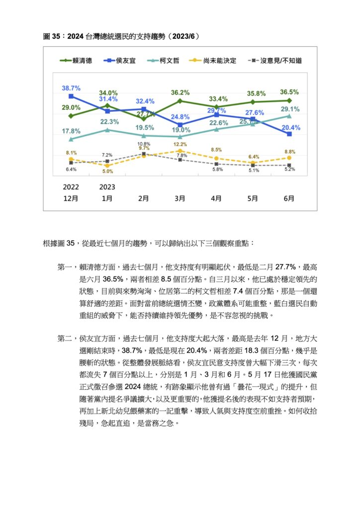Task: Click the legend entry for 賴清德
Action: (x=76, y=61)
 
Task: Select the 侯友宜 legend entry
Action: (x=119, y=61)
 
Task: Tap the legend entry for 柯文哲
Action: (x=163, y=61)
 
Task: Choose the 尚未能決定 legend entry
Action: (x=213, y=61)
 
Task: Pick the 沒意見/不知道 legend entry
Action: (x=275, y=61)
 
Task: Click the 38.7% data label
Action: (x=71, y=88)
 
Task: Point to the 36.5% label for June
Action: (x=289, y=92)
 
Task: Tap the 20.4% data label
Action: (x=291, y=128)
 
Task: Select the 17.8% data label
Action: (x=71, y=131)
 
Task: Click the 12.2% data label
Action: (x=180, y=145)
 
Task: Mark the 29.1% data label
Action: (x=290, y=109)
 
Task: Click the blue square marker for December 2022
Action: (x=71, y=96)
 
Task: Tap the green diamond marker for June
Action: (x=289, y=100)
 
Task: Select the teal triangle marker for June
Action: (x=289, y=116)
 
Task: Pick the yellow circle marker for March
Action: (x=180, y=151)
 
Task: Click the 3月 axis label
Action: (x=180, y=198)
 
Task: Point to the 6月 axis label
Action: (x=289, y=198)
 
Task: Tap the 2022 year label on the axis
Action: (x=71, y=187)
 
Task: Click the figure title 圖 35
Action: (x=52, y=36)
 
